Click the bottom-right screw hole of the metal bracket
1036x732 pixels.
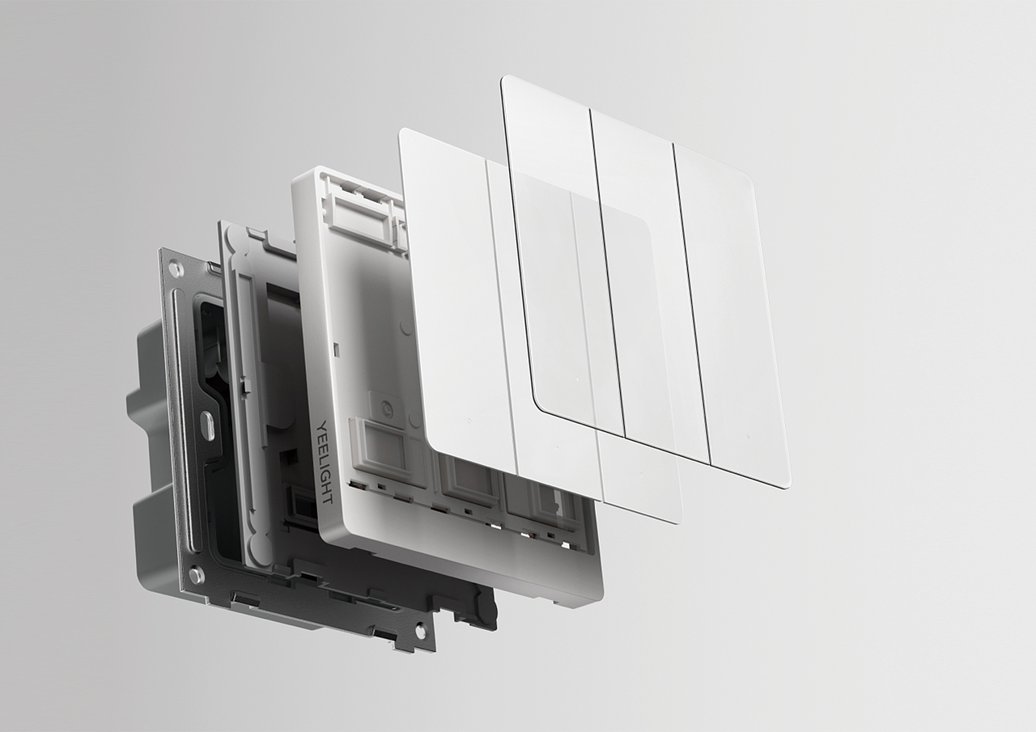pyautogui.click(x=419, y=628)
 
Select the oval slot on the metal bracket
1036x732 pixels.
pyautogui.click(x=210, y=421)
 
